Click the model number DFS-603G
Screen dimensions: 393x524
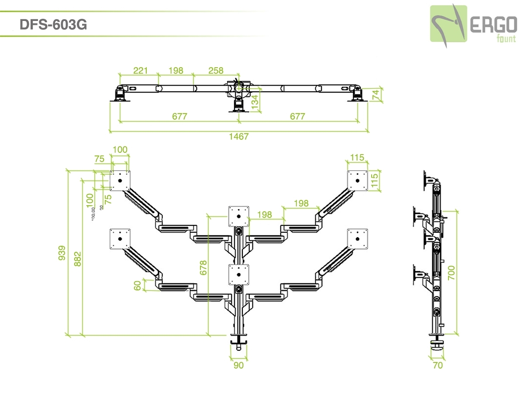coord(53,25)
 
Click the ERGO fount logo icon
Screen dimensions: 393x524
coord(448,24)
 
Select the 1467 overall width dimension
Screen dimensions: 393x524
coord(238,136)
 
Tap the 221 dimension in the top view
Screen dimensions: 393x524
coord(140,70)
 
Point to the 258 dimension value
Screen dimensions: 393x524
coord(216,70)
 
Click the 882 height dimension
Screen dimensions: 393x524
coord(78,258)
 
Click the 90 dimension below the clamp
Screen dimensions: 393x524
coord(238,365)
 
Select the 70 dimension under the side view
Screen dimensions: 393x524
coord(437,365)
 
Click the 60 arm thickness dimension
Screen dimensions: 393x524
coord(138,286)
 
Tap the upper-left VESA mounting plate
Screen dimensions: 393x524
coord(120,180)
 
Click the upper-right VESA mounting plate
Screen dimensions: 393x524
coord(358,180)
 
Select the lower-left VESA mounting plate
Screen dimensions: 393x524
coord(120,238)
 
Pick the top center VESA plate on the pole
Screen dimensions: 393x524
coord(238,216)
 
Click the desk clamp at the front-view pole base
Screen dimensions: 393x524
coord(238,339)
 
